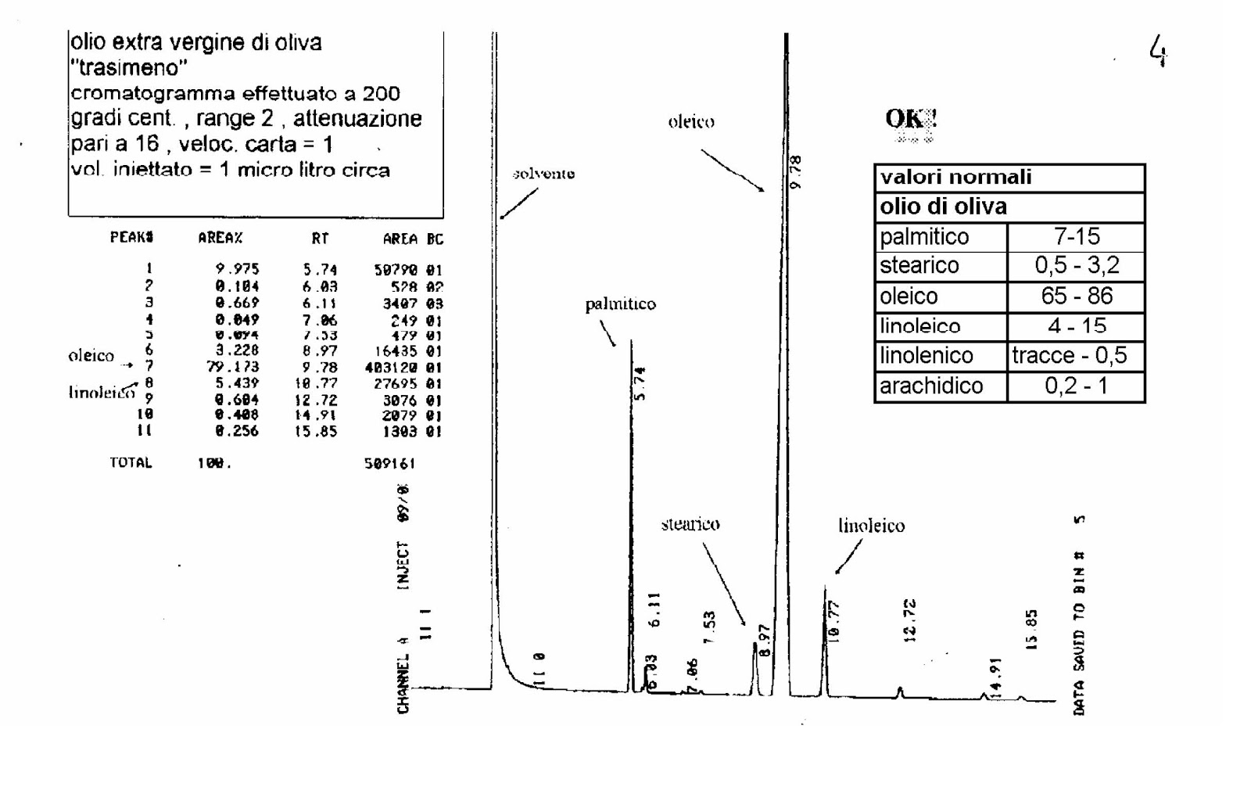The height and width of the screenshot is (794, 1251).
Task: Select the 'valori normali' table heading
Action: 955,178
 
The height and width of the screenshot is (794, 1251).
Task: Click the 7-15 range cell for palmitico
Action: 1076,236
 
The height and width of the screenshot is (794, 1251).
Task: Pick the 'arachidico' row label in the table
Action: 930,386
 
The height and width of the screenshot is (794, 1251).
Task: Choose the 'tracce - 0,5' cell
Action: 1069,356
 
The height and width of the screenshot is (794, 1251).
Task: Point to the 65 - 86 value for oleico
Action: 1076,296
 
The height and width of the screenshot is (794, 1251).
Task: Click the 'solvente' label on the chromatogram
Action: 543,174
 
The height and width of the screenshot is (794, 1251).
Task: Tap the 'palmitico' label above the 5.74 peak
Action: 620,304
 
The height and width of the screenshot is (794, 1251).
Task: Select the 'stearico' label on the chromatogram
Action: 690,524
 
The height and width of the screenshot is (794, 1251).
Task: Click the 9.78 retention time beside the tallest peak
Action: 796,172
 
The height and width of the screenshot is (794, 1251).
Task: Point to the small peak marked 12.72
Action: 900,691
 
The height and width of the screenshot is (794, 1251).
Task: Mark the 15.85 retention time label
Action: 1031,630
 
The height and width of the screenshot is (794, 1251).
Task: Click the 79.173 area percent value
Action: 232,367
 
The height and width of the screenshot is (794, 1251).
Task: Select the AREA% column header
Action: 220,238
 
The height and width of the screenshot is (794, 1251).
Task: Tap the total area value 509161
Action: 389,463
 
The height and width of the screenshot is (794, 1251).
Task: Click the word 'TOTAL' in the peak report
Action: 131,463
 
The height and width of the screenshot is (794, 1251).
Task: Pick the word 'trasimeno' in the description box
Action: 129,68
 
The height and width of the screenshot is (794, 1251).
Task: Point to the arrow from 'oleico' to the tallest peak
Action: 732,170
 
